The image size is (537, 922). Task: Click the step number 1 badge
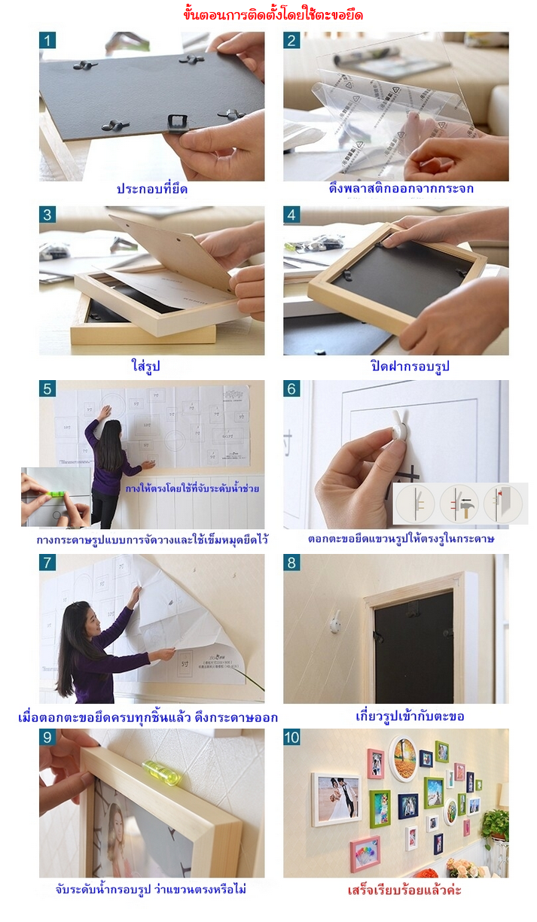[x=48, y=41]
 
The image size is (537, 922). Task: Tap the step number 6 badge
[x=292, y=389]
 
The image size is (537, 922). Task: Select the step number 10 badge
[x=294, y=738]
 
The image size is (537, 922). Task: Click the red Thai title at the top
[x=273, y=14]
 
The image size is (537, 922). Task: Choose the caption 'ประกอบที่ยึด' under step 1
[x=152, y=189]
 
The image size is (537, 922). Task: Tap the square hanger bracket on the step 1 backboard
[x=178, y=121]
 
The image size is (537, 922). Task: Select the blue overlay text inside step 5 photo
[x=194, y=488]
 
